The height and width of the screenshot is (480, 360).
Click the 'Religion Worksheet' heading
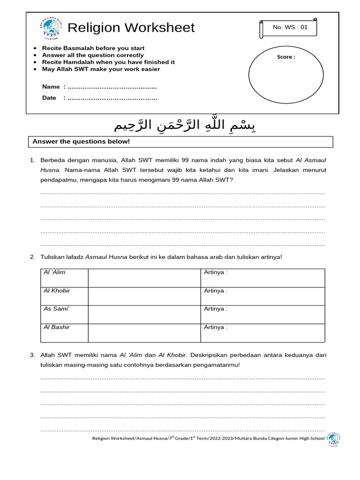point(131,28)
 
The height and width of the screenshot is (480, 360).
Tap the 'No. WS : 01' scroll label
point(290,28)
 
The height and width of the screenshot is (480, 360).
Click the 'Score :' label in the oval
point(286,57)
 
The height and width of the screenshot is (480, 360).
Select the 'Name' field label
point(51,87)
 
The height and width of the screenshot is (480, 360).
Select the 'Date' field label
point(49,98)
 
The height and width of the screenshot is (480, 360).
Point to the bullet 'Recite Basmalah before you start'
point(93,48)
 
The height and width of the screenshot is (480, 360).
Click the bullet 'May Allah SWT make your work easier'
point(101,69)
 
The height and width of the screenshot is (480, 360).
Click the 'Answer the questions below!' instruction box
point(180,142)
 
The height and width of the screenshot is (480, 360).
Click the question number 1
point(32,160)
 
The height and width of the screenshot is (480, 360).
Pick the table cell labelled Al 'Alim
point(64,277)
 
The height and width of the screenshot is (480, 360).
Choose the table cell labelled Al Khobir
point(64,296)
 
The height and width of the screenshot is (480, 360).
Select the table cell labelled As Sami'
point(64,314)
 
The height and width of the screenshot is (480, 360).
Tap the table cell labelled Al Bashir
point(64,332)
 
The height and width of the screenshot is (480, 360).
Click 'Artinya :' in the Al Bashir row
point(216,327)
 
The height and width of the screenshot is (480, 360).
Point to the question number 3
point(32,355)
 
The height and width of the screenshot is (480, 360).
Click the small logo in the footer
point(333,439)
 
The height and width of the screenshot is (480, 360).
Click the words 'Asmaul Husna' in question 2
point(106,257)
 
